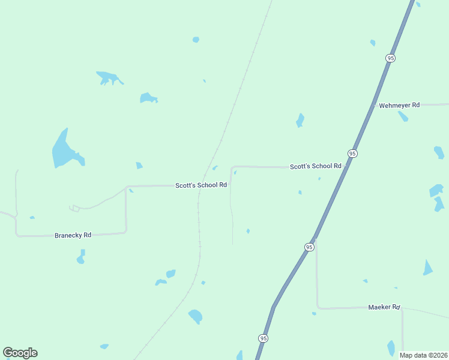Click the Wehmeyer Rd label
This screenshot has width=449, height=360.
[x=398, y=105]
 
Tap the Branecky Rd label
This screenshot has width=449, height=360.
[x=73, y=235]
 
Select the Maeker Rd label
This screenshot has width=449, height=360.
[x=384, y=307]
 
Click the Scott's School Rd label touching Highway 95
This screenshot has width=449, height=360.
[x=315, y=166]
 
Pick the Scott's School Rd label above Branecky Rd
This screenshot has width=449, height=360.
[x=200, y=185]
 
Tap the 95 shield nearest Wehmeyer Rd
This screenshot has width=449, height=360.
[x=391, y=58]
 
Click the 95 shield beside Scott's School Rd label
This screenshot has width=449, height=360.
[x=352, y=154]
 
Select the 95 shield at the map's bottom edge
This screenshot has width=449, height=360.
[x=264, y=338]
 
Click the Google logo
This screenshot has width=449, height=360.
[x=20, y=353]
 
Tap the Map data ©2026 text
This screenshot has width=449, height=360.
[x=424, y=355]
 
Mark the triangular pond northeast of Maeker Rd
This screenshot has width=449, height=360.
[x=427, y=268]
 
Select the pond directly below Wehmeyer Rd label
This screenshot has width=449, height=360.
[x=402, y=116]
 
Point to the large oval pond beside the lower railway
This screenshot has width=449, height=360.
[x=195, y=316]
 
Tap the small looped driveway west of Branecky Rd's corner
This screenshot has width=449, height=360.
[x=74, y=208]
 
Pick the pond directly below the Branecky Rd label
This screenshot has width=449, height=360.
[x=80, y=257]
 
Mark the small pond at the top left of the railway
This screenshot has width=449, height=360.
[x=196, y=40]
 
